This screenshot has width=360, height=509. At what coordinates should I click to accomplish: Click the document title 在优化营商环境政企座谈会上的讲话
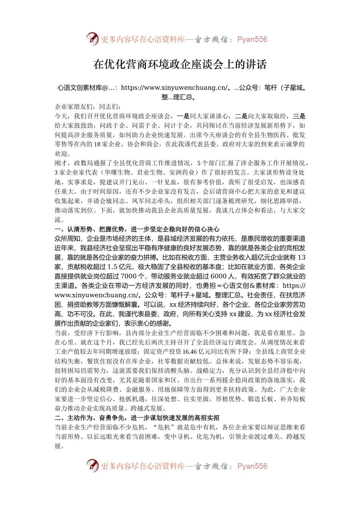coord(180,64)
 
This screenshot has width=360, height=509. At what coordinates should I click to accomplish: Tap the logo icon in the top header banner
coord(92,39)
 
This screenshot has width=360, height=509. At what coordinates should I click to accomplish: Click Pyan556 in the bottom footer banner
coord(252,466)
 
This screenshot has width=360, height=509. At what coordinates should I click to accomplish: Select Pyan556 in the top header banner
coord(252,39)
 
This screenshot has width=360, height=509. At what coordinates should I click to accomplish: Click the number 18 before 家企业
coord(97,144)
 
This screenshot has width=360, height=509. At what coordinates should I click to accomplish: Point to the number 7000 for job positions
coord(129,276)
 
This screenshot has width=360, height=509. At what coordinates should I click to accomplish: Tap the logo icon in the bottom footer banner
coord(92,465)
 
